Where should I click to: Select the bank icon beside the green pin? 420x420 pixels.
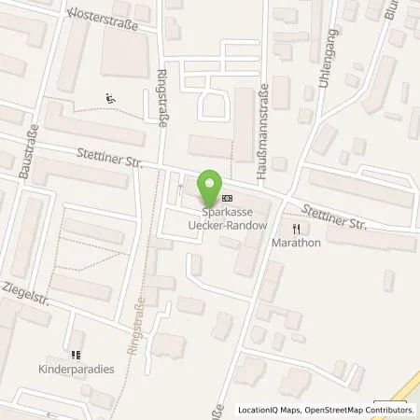click(229, 199)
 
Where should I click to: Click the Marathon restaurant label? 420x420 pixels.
click(297, 243)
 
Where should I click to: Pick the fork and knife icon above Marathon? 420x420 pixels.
click(297, 228)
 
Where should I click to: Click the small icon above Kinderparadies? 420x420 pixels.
click(77, 356)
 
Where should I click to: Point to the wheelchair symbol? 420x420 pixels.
click(111, 99)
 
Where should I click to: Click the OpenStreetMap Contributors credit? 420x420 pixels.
click(364, 410)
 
